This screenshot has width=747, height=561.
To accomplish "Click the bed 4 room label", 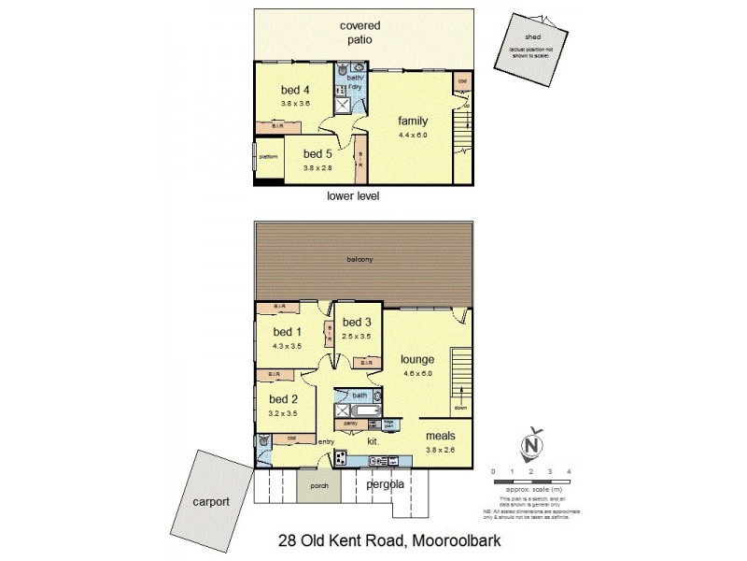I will pyautogui.click(x=295, y=90).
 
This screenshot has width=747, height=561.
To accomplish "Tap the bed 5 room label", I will pyautogui.click(x=318, y=154).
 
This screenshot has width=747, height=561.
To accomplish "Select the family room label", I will pyautogui.click(x=413, y=122).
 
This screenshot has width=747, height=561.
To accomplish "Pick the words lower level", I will pyautogui.click(x=352, y=197).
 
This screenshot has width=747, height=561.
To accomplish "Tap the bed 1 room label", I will pyautogui.click(x=287, y=332).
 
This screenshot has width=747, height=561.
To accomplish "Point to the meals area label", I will pyautogui.click(x=441, y=436).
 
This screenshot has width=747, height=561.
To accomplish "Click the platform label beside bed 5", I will pyautogui.click(x=269, y=156).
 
